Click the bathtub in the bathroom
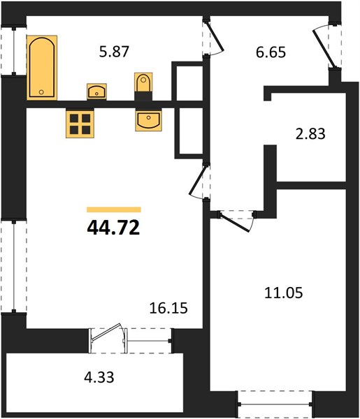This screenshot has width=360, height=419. [42, 68]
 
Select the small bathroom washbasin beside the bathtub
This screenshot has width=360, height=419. [96, 91]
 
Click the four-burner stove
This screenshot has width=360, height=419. [80, 124]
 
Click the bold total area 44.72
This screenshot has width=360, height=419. [113, 228]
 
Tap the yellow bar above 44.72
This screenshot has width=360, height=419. [114, 209]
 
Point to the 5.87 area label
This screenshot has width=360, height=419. [114, 52]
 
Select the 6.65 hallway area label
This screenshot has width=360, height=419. [271, 52]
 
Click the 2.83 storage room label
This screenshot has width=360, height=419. [310, 134]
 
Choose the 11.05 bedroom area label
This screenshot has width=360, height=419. [284, 293]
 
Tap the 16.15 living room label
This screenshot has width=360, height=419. [168, 308]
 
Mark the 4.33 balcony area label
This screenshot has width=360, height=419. [99, 377]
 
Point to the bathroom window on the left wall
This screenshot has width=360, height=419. [14, 50]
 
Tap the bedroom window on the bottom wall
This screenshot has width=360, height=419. [275, 404]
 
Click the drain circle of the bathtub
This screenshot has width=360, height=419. [41, 92]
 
